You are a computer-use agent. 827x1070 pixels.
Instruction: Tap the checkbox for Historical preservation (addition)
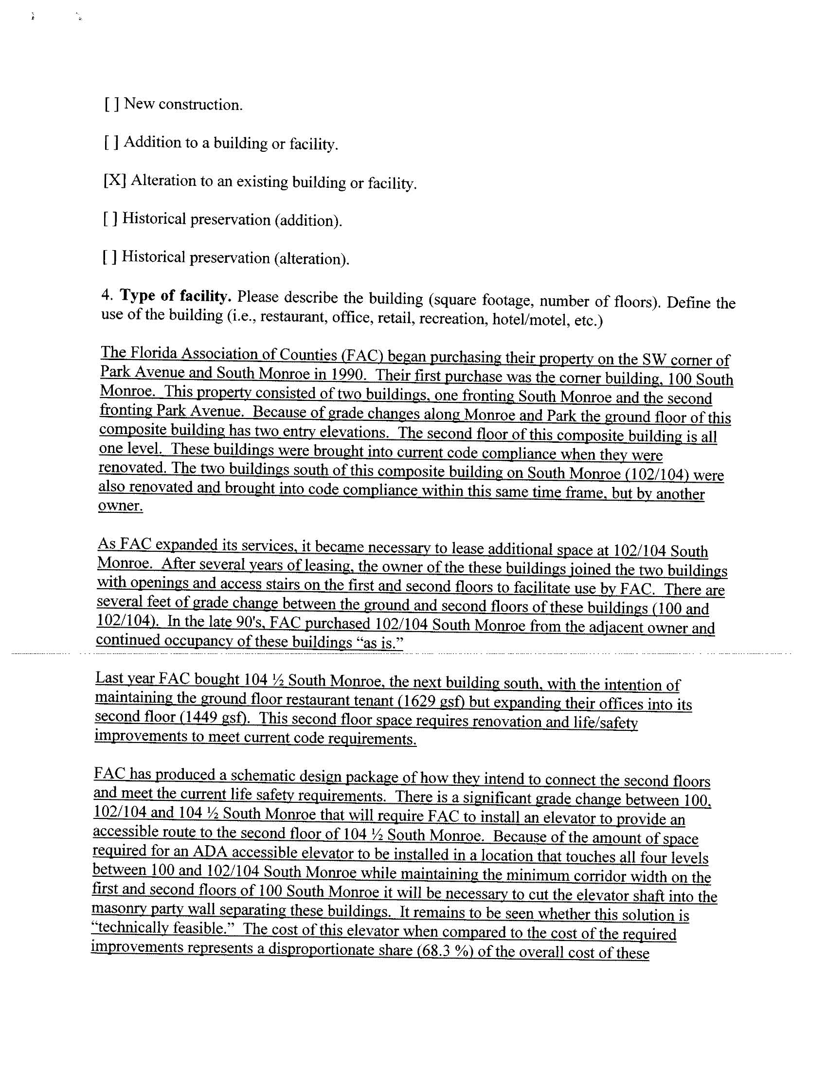[x=110, y=218]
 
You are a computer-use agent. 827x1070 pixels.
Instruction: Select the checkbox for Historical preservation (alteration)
[x=110, y=257]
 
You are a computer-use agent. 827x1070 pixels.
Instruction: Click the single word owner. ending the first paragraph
[x=121, y=506]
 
